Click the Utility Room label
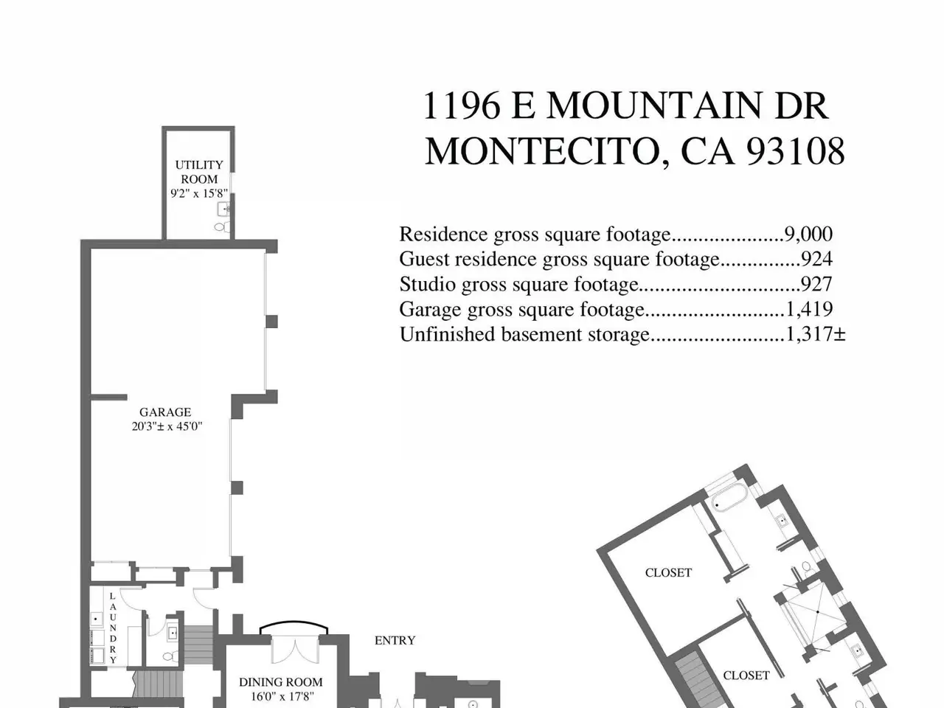tap(199, 172)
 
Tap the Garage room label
tap(165, 412)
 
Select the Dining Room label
tap(281, 681)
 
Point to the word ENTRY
tap(395, 640)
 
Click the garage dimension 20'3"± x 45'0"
tap(167, 426)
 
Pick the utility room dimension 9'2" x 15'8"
tap(199, 193)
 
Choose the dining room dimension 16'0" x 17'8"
tap(282, 696)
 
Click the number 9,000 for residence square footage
tap(808, 235)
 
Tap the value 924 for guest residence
tap(816, 259)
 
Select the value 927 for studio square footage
tap(816, 284)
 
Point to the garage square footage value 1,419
tap(809, 309)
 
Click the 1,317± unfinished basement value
tap(816, 334)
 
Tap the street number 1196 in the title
tap(462, 105)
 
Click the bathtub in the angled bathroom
tap(731, 497)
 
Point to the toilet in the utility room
tap(221, 227)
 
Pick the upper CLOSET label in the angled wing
tap(668, 572)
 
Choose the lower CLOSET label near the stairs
tap(746, 676)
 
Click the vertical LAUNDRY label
tap(113, 628)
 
